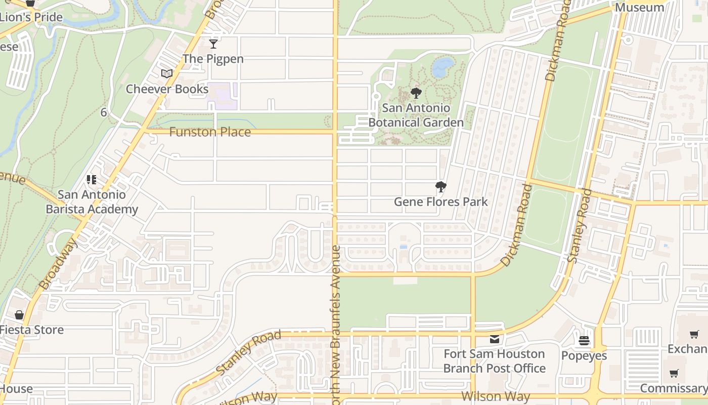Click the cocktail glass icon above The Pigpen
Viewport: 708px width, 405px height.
(x=213, y=44)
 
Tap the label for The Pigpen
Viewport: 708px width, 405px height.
(x=213, y=59)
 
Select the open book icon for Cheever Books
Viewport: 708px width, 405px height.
(x=167, y=74)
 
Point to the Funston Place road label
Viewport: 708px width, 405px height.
(x=210, y=132)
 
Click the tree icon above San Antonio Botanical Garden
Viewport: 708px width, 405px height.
(x=416, y=93)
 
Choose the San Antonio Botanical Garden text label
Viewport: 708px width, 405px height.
(x=416, y=115)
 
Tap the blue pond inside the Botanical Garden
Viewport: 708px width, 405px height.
(x=442, y=67)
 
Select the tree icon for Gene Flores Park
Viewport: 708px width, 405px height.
(x=441, y=187)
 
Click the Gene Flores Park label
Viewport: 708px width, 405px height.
(x=441, y=202)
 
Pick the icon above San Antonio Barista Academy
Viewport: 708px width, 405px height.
(x=92, y=180)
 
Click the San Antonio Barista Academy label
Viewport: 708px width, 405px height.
(x=92, y=202)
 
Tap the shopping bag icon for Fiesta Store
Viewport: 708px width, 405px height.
(x=19, y=315)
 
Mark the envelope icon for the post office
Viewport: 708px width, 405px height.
(x=495, y=339)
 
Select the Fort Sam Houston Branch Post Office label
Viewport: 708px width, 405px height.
(x=494, y=361)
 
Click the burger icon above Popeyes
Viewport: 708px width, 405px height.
(x=584, y=341)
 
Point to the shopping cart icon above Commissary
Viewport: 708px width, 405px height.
(x=674, y=374)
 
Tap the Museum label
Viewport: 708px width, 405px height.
(x=639, y=8)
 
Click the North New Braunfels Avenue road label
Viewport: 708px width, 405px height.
(x=336, y=324)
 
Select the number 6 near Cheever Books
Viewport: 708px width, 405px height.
(x=104, y=112)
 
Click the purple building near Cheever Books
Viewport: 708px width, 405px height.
(x=222, y=96)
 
